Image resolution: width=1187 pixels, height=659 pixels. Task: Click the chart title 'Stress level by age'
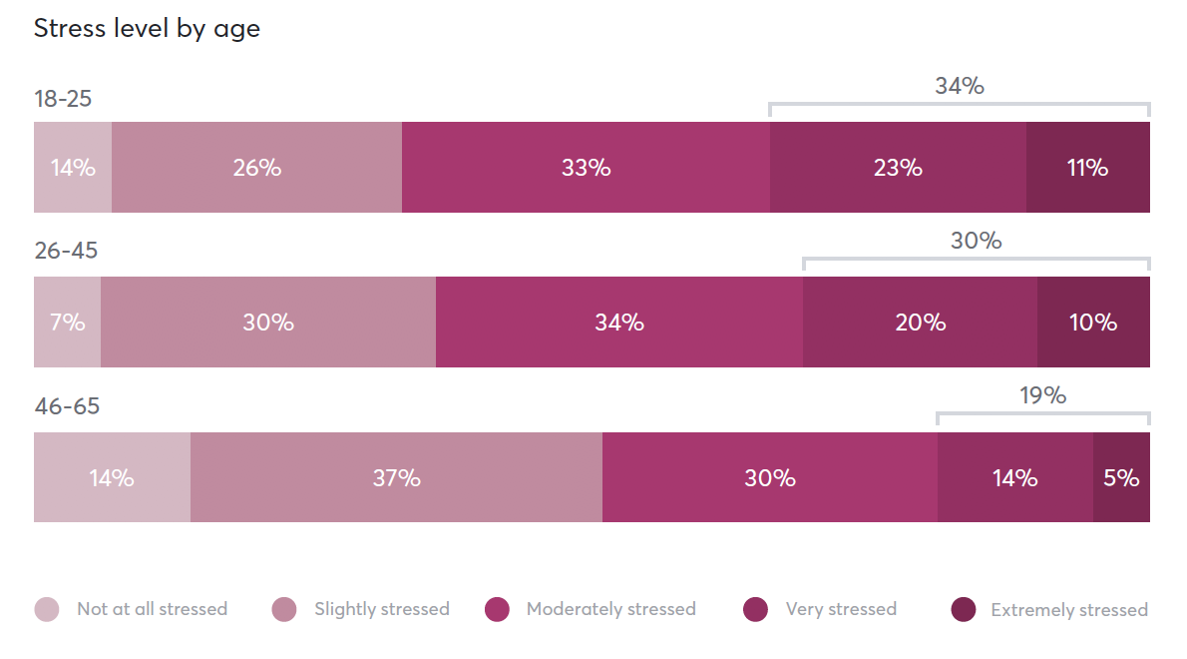(147, 28)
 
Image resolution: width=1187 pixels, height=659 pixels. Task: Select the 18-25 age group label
(63, 99)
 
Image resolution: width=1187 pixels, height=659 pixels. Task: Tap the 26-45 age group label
(66, 251)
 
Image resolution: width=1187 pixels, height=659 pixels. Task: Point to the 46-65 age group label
(67, 406)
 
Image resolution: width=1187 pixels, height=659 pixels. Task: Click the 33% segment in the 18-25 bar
(586, 168)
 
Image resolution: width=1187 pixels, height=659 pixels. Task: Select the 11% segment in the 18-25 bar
(1087, 168)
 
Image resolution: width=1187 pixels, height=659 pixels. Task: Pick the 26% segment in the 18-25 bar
(256, 168)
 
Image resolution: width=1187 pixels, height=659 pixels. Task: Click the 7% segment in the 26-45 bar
(67, 323)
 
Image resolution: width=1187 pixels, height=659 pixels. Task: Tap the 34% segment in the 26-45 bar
(618, 323)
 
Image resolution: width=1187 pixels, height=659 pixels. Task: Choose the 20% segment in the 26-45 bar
(920, 323)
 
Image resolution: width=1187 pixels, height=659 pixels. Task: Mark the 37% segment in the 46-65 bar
(396, 478)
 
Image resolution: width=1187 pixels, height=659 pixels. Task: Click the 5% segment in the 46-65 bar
(1121, 478)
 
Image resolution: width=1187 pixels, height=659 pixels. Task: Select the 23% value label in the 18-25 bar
(898, 168)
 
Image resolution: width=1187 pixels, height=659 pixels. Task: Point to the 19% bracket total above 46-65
(1042, 395)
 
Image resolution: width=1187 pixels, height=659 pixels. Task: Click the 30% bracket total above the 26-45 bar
(976, 241)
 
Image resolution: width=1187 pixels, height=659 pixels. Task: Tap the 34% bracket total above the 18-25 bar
(959, 86)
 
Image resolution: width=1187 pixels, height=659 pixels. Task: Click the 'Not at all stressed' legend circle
(47, 609)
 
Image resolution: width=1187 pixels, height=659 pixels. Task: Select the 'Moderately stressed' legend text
(610, 609)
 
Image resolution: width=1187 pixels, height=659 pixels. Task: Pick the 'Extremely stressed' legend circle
(963, 609)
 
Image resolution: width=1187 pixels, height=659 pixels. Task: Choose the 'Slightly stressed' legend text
(381, 609)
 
